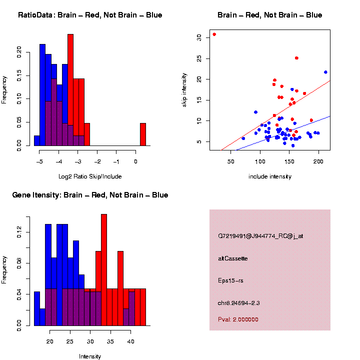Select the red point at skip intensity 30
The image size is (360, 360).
pyautogui.click(x=214, y=34)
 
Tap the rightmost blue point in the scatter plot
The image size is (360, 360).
pyautogui.click(x=325, y=72)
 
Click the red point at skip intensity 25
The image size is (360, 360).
pyautogui.click(x=296, y=58)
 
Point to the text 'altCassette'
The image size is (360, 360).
pyautogui.click(x=233, y=258)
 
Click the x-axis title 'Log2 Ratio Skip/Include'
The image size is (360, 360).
pyautogui.click(x=89, y=176)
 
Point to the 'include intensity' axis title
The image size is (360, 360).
pyautogui.click(x=270, y=176)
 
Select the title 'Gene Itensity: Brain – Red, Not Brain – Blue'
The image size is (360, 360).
pyautogui.click(x=90, y=195)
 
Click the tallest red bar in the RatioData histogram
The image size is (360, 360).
pyautogui.click(x=70, y=90)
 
